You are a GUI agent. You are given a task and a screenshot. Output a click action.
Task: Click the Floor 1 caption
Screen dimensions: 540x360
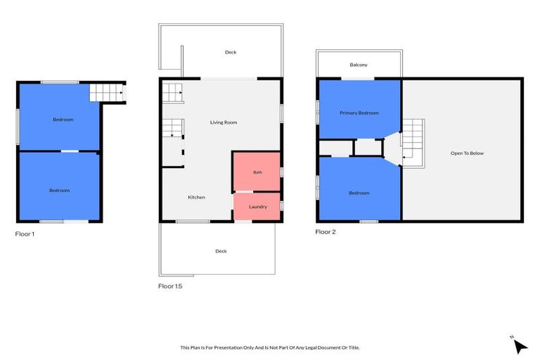pyautogui.click(x=25, y=234)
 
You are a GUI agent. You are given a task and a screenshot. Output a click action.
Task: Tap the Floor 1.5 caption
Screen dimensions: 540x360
pyautogui.click(x=170, y=286)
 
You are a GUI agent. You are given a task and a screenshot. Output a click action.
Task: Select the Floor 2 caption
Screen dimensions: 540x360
pyautogui.click(x=326, y=232)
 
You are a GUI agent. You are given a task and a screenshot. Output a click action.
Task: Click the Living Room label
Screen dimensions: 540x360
pyautogui.click(x=224, y=122)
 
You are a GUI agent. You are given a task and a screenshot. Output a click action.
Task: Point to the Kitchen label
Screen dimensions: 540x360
pyautogui.click(x=196, y=198)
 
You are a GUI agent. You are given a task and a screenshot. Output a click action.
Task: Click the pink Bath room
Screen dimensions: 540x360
pyautogui.click(x=257, y=172)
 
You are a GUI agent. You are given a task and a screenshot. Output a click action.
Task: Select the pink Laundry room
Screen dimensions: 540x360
pyautogui.click(x=257, y=206)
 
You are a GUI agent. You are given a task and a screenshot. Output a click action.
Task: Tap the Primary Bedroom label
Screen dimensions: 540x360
pyautogui.click(x=359, y=113)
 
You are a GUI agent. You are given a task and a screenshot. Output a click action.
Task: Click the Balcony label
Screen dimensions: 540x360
pyautogui.click(x=359, y=65)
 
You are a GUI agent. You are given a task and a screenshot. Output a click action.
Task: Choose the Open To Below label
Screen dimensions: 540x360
pyautogui.click(x=467, y=153)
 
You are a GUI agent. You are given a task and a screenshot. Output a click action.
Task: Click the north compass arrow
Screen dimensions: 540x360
pyautogui.click(x=520, y=346)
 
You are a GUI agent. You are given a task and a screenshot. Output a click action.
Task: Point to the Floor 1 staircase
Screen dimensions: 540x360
pyautogui.click(x=107, y=93)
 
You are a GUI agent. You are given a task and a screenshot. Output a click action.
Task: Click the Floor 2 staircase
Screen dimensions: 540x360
pyautogui.click(x=413, y=143)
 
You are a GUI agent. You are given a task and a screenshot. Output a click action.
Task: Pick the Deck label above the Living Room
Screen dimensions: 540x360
pyautogui.click(x=231, y=52)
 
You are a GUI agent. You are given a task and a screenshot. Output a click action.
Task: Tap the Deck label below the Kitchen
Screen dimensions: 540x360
pyautogui.click(x=221, y=251)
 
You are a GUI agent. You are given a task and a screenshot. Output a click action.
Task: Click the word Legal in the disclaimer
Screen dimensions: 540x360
pyautogui.click(x=311, y=347)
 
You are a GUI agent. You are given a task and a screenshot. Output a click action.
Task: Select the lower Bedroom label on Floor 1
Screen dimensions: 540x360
pyautogui.click(x=59, y=191)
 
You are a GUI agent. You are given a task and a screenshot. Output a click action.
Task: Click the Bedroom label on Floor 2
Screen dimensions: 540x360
pyautogui.click(x=359, y=193)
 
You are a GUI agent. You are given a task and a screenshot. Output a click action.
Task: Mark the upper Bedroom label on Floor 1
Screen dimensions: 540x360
pyautogui.click(x=63, y=120)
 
